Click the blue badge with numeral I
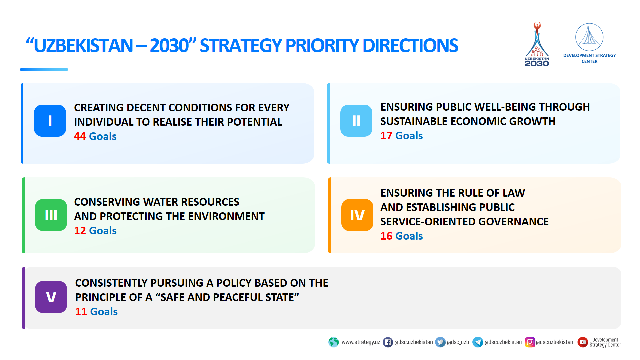(x=50, y=120)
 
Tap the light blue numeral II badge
(x=356, y=120)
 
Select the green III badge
(x=51, y=215)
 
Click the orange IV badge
(x=357, y=215)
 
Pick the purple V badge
(x=51, y=297)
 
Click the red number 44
(x=80, y=136)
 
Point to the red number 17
(x=386, y=136)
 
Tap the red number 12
(x=80, y=231)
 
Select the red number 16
(x=386, y=236)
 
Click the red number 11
(x=81, y=312)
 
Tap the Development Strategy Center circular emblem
(x=589, y=37)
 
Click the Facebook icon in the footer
(x=388, y=342)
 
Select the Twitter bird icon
(x=440, y=342)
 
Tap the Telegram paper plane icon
(x=478, y=342)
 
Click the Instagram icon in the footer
(x=530, y=342)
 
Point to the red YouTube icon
(x=582, y=342)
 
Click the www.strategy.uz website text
(x=361, y=342)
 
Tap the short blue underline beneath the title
(x=44, y=69)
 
